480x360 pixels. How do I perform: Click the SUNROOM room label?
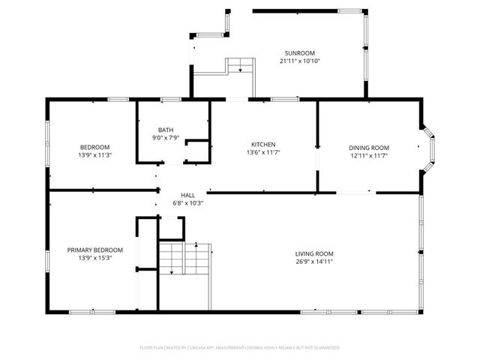click(295, 52)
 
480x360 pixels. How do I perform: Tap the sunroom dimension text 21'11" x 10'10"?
click(295, 61)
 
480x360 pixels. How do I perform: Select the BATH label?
click(165, 129)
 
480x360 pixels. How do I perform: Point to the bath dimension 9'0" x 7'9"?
click(165, 137)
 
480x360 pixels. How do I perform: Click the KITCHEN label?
click(262, 145)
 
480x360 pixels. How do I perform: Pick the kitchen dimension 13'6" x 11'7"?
click(262, 153)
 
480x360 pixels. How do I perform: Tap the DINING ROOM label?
click(367, 147)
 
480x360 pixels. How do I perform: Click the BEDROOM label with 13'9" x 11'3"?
click(95, 146)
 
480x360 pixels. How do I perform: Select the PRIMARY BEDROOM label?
click(95, 250)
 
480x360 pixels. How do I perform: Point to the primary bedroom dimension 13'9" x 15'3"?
click(95, 258)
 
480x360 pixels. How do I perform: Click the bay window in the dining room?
click(427, 148)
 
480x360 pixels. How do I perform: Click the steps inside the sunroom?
click(240, 66)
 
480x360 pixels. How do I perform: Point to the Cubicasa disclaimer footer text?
click(240, 347)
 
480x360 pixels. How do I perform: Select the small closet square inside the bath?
click(196, 150)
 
